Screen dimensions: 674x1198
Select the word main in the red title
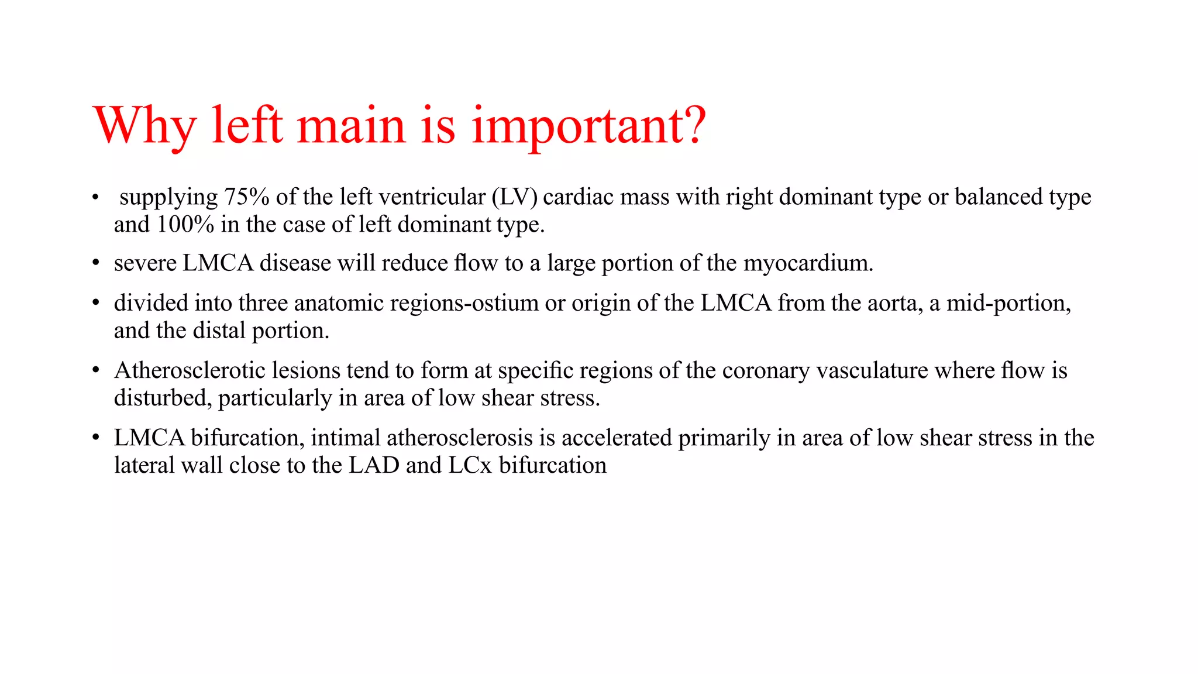click(351, 125)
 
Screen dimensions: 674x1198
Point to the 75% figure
click(246, 197)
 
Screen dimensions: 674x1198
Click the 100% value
click(185, 225)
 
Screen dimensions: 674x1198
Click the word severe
click(145, 263)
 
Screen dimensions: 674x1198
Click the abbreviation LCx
click(470, 465)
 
